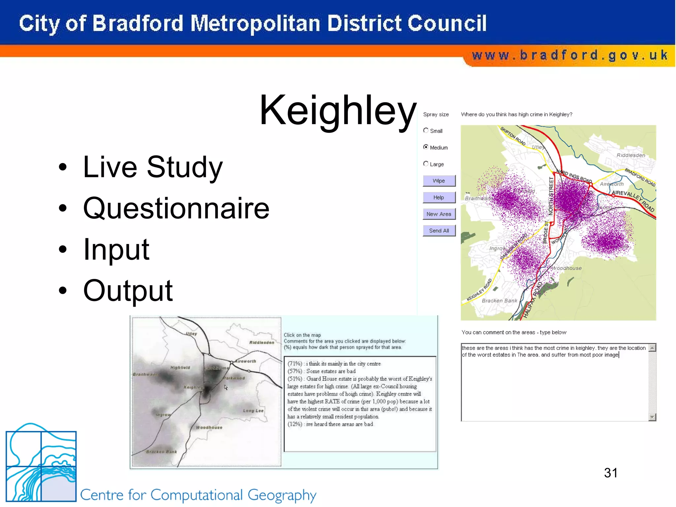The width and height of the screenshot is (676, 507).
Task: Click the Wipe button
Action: click(x=439, y=181)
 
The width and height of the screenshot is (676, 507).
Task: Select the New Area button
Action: click(x=439, y=214)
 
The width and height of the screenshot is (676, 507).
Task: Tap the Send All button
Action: click(x=439, y=231)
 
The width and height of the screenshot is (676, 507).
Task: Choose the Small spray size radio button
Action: click(x=426, y=130)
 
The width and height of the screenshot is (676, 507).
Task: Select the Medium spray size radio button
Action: click(x=426, y=147)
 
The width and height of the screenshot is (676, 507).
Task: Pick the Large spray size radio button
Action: click(x=426, y=164)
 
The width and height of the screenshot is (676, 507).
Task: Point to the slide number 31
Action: click(x=611, y=473)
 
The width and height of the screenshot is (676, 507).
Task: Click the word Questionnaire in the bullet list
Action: click(x=176, y=208)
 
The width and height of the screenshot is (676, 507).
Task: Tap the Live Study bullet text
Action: click(x=153, y=167)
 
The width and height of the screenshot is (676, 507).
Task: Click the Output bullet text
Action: click(x=128, y=290)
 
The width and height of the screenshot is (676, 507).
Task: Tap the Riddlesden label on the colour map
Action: click(x=630, y=155)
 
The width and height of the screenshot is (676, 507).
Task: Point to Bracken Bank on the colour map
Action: click(x=499, y=301)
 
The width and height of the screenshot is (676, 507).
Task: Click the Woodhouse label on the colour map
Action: click(x=567, y=268)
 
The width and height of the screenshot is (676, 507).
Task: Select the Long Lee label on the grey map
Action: click(x=253, y=411)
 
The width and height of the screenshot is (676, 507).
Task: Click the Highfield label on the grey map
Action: click(x=180, y=367)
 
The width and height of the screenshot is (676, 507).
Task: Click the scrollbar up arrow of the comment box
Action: click(x=652, y=348)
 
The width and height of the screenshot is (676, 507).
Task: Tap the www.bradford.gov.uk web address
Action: click(x=570, y=55)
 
